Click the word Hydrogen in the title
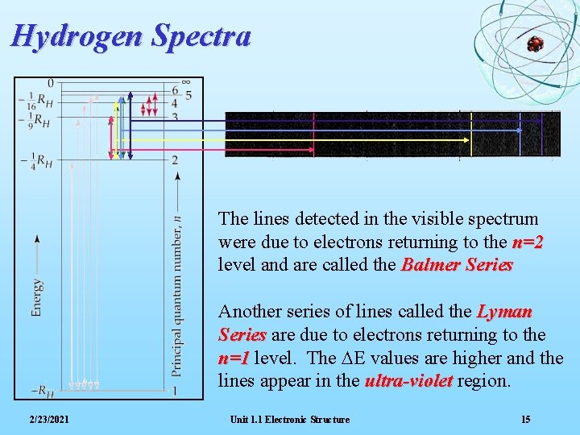point(77,36)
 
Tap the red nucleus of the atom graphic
point(535,44)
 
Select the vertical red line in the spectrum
point(313,134)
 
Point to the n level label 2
point(175,160)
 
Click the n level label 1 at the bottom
point(175,391)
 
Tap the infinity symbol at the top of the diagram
point(186,82)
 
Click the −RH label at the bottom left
point(43,391)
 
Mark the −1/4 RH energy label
point(36,160)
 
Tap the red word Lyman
point(504,312)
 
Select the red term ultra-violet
point(408,381)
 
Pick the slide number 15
point(525,420)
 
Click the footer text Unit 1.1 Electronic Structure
point(289,420)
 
